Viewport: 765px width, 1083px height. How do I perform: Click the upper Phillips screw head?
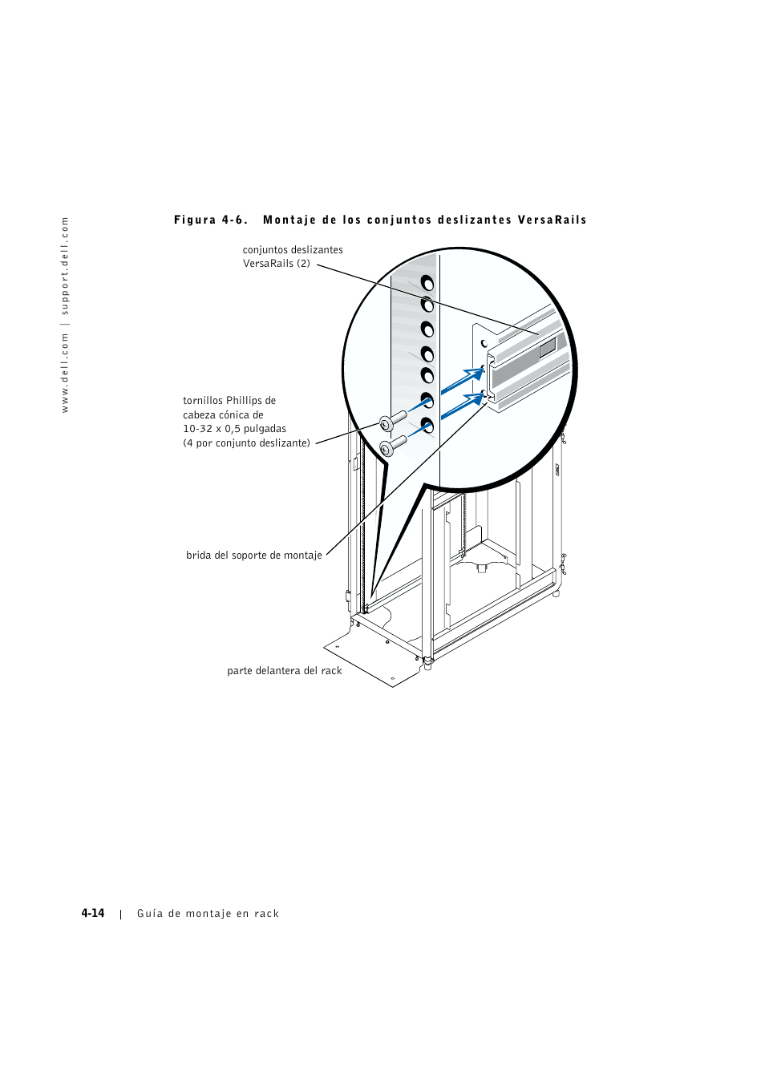(387, 423)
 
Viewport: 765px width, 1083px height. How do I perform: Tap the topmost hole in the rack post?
(427, 283)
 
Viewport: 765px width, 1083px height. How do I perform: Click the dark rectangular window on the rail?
(547, 348)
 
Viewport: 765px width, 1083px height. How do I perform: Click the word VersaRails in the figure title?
(552, 220)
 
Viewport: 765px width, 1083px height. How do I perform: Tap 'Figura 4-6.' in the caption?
(211, 220)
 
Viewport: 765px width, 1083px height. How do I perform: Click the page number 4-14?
(93, 913)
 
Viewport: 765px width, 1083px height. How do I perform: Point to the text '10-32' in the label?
(197, 429)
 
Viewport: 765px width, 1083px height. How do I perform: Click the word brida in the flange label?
(199, 556)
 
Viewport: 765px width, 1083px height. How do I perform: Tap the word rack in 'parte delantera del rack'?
(331, 671)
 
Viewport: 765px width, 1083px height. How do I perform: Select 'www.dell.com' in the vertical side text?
(65, 374)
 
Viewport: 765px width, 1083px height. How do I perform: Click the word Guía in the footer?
(150, 914)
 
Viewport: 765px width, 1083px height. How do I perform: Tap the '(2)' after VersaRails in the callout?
(303, 264)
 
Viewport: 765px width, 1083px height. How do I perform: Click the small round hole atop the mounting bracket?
(484, 343)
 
